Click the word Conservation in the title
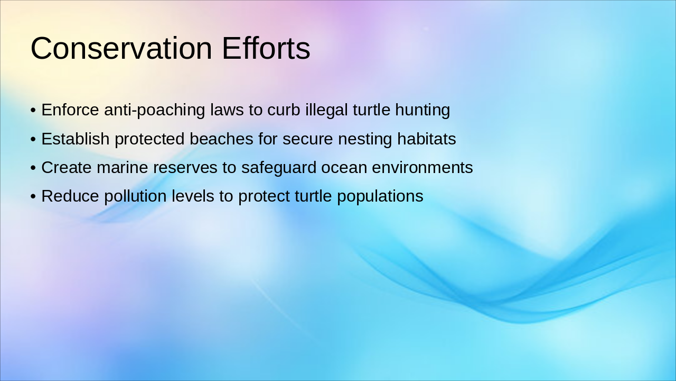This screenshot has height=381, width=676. (x=122, y=48)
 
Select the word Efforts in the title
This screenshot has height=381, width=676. (x=266, y=48)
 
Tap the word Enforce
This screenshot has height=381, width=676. (x=70, y=110)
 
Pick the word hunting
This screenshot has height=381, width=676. (x=421, y=111)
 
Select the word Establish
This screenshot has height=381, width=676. (x=76, y=139)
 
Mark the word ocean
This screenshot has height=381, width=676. (x=344, y=168)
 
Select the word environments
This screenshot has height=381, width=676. (x=422, y=168)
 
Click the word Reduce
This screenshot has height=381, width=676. (x=70, y=196)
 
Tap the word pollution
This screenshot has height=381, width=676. (x=136, y=196)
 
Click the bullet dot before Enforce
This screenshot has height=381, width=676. (x=33, y=111)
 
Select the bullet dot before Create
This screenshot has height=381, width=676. (x=33, y=168)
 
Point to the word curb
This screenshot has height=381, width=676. (x=284, y=110)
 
